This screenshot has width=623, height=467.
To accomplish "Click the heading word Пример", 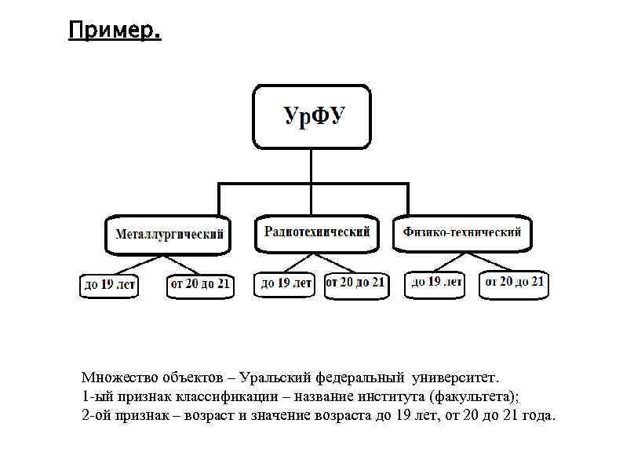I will [114, 31].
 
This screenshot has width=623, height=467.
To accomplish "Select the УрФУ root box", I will [311, 117].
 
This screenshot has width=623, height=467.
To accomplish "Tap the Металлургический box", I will [169, 235].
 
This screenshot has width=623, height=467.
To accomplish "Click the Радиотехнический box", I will [316, 232].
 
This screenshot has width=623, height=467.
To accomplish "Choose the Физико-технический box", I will [462, 232].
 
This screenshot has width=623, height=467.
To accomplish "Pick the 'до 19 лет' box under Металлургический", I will [110, 285].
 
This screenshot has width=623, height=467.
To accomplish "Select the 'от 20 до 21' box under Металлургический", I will [200, 284].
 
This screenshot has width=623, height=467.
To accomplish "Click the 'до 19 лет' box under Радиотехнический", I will [286, 283].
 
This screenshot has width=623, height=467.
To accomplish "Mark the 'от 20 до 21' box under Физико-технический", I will [515, 283].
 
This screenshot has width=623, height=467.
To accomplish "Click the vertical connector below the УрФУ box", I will [311, 166].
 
